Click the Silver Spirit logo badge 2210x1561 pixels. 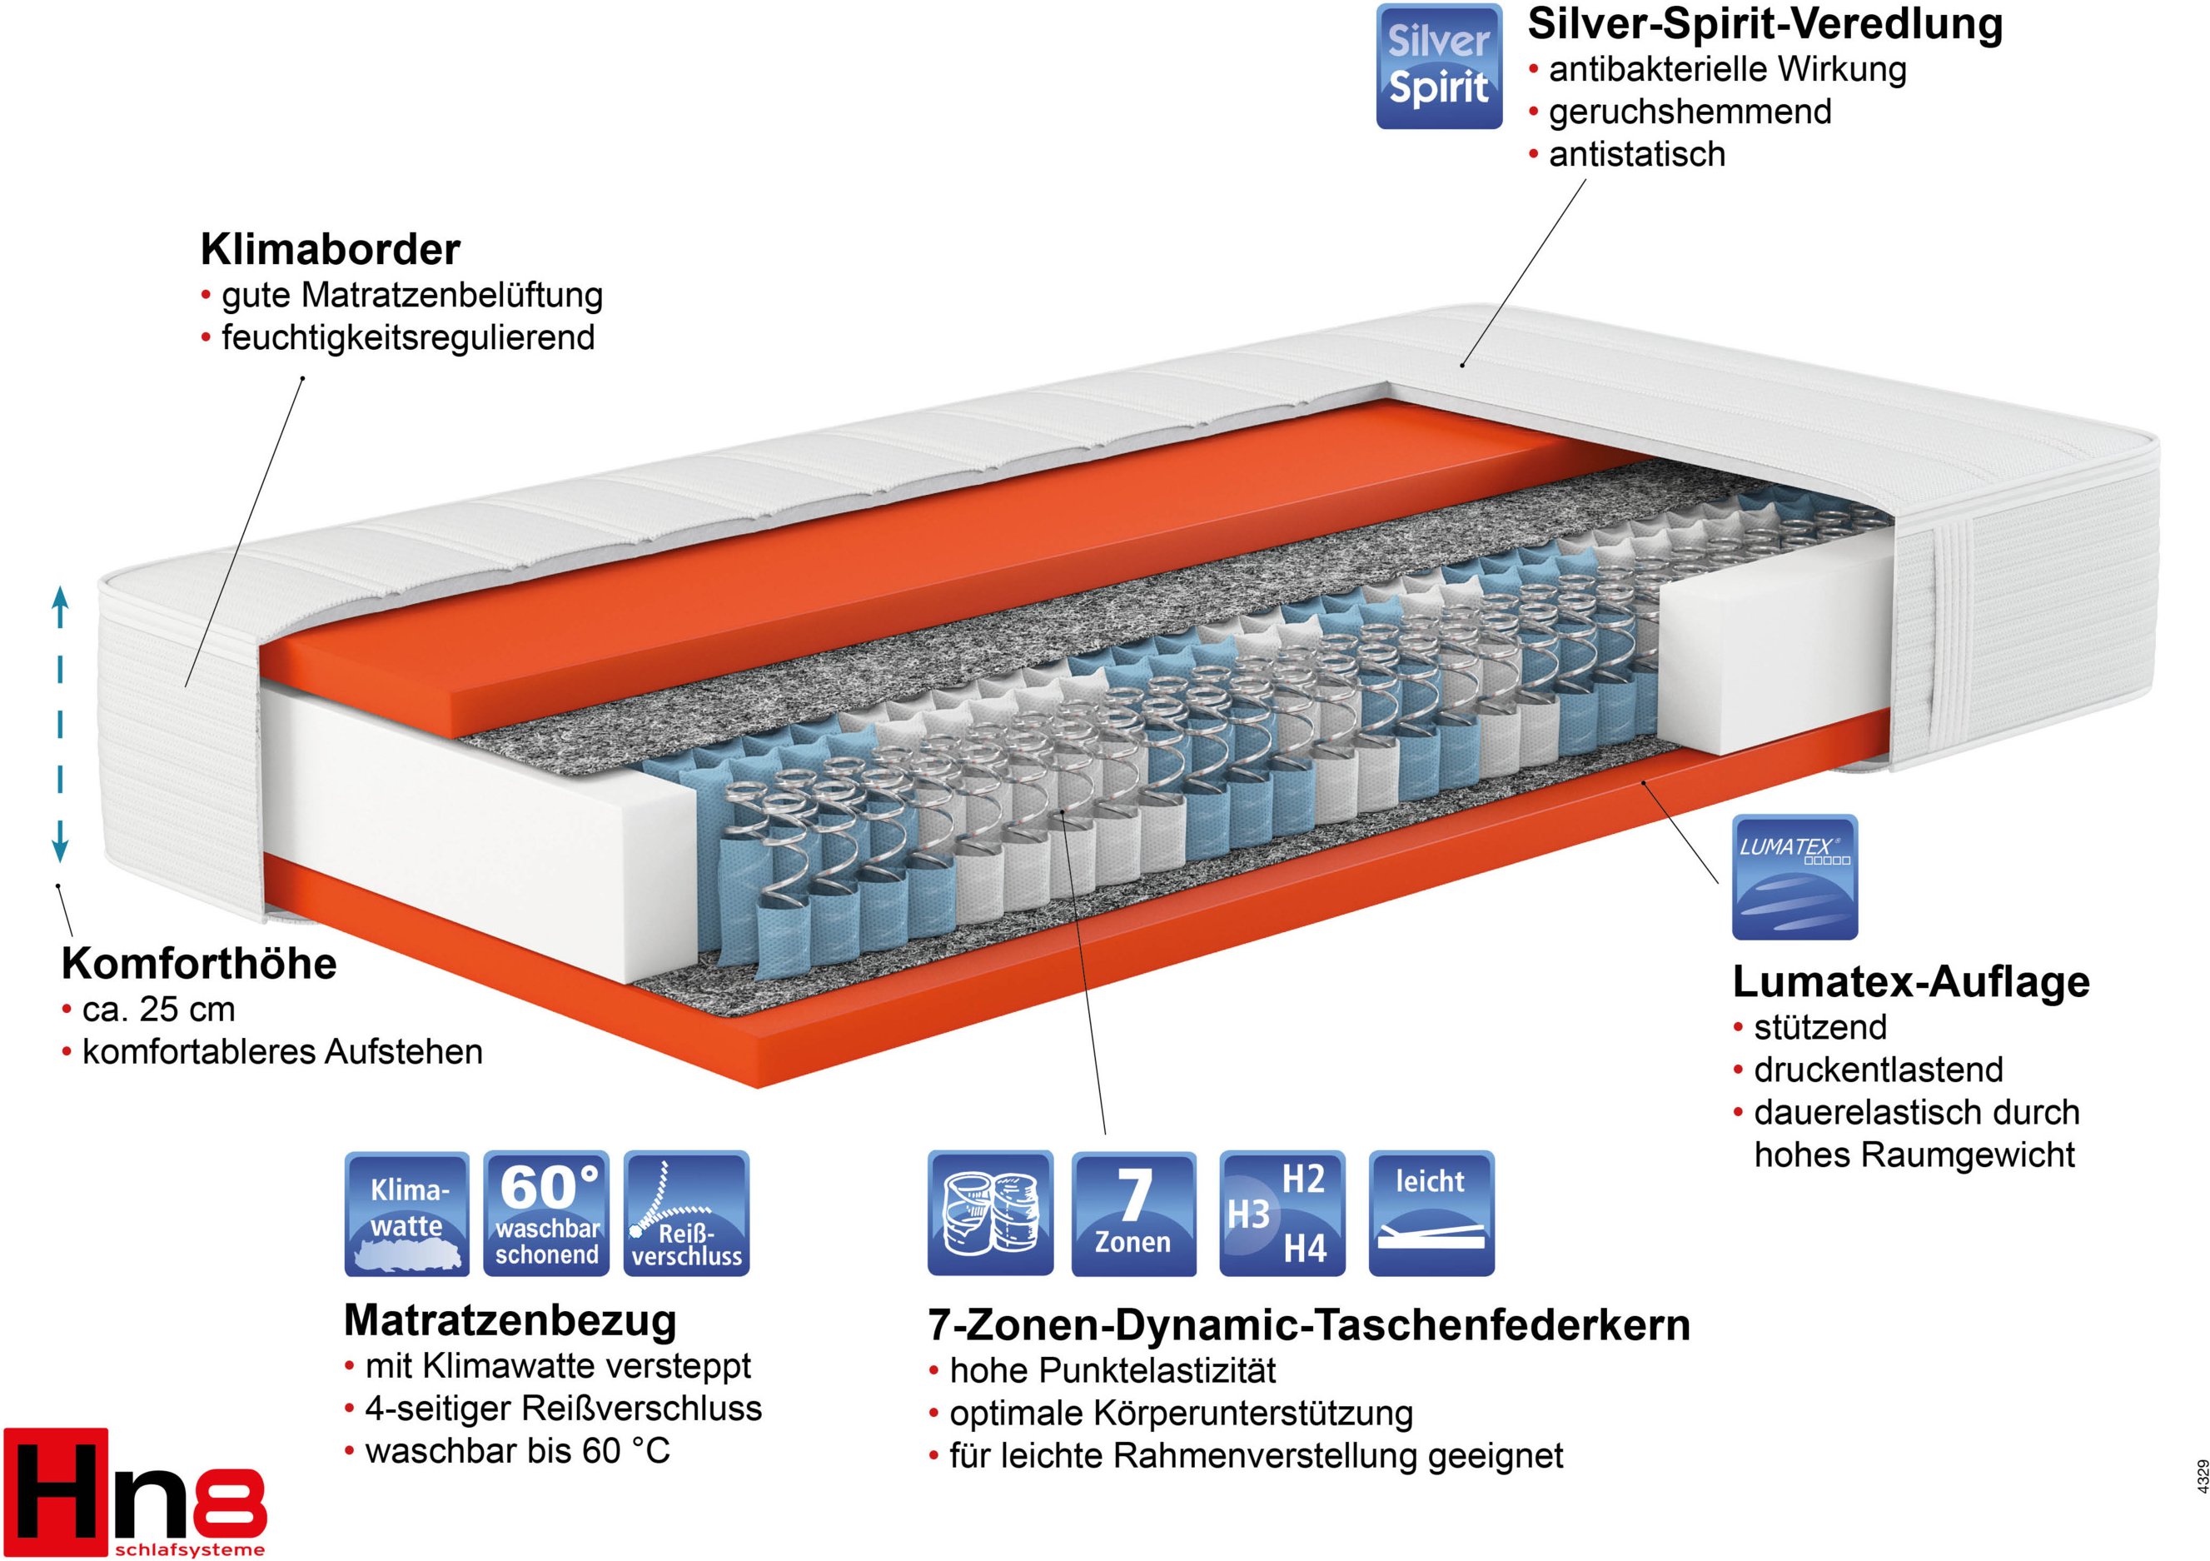(x=1439, y=67)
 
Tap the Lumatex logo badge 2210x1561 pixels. (x=1794, y=876)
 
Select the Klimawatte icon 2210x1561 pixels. (x=407, y=1214)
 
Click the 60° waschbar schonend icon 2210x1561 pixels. (x=545, y=1214)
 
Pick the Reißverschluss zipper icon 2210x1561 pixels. (x=686, y=1214)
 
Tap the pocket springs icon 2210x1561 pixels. (x=990, y=1214)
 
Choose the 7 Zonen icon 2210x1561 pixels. (x=1134, y=1214)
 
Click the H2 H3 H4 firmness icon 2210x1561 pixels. (x=1282, y=1214)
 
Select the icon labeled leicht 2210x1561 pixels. (x=1431, y=1214)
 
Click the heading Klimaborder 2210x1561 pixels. (x=330, y=249)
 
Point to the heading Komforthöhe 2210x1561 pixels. (x=199, y=964)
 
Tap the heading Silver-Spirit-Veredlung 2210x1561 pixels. (x=1765, y=25)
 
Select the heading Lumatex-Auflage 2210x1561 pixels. (x=1912, y=982)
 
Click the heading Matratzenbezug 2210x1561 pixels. (x=510, y=1320)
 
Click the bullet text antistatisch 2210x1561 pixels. (x=1636, y=154)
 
